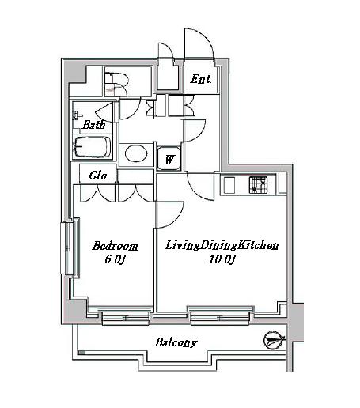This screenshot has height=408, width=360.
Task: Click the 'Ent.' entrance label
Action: click(200, 80)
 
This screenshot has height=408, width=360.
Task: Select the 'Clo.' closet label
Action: click(98, 176)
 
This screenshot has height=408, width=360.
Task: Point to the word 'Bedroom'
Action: click(115, 245)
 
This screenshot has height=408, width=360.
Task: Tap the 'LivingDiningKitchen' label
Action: click(221, 245)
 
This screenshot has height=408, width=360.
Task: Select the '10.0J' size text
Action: click(220, 259)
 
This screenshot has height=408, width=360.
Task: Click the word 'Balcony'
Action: click(176, 342)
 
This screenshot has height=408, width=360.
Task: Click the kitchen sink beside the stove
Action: click(229, 186)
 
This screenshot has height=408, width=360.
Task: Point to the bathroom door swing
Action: click(111, 110)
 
